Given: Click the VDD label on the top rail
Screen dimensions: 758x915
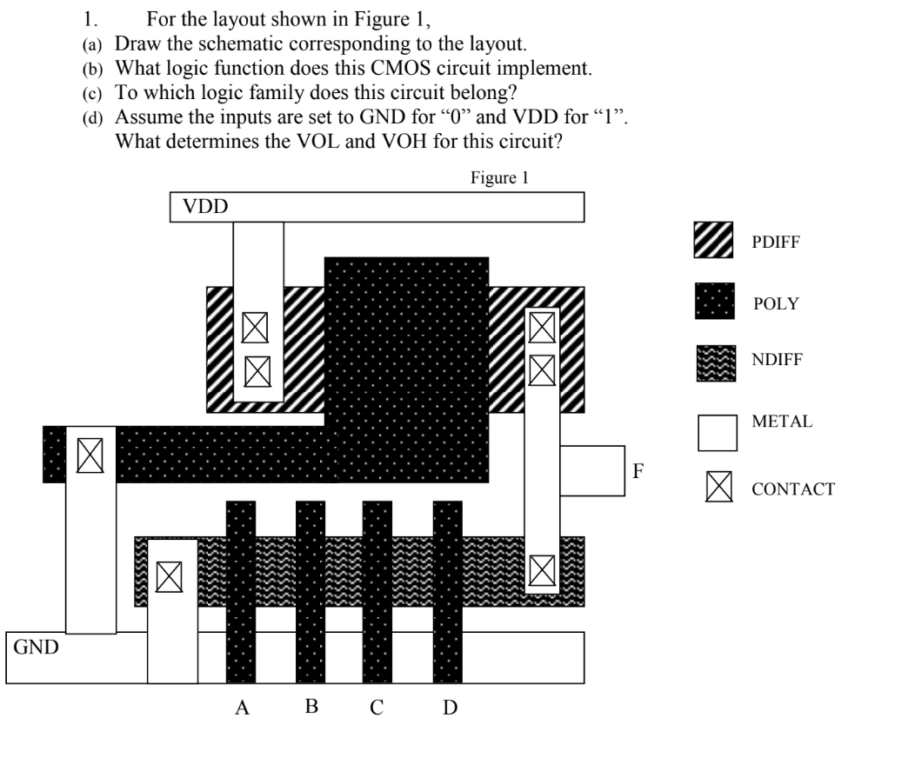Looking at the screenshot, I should point(202,208).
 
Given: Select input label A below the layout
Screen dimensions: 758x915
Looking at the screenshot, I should point(244,708).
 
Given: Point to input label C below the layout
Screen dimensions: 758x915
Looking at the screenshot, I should point(377,708).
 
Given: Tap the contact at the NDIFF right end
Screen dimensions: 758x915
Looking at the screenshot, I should point(542,570).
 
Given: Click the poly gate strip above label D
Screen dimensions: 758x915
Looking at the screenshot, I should point(447,591).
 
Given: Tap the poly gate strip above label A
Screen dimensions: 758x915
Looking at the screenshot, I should point(241,591).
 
